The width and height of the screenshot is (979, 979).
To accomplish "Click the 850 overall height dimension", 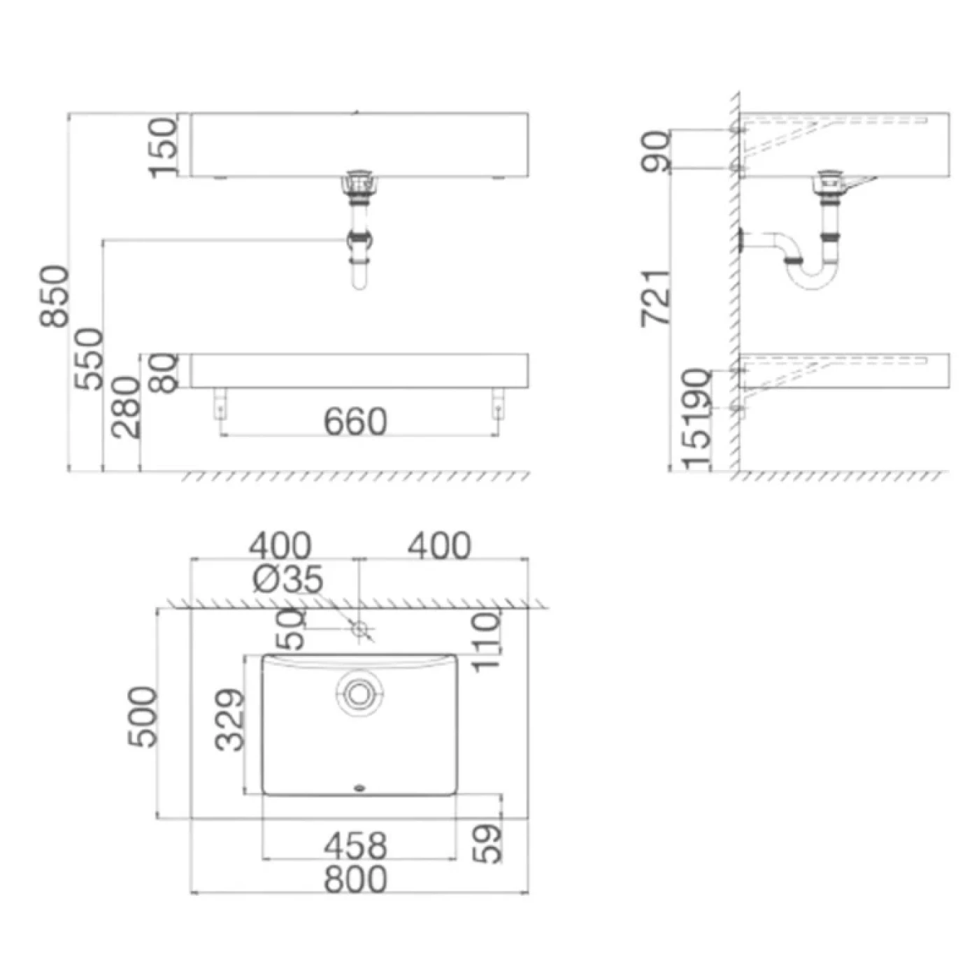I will click(55, 296).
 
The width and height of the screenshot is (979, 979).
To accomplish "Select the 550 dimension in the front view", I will click(90, 359).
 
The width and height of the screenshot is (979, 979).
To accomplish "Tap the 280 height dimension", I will click(127, 408).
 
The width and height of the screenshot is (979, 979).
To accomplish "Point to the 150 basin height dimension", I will click(164, 148).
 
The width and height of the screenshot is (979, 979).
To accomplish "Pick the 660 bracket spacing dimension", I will click(355, 422).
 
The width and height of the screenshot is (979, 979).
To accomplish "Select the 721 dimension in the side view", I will click(656, 297).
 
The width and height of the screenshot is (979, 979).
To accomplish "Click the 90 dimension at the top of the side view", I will click(656, 150).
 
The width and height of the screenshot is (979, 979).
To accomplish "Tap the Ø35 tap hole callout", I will click(287, 579).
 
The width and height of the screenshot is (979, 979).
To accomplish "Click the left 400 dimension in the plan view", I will click(281, 545).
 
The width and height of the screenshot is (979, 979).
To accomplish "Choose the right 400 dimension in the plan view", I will click(439, 545).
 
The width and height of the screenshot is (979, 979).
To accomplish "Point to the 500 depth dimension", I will click(143, 717).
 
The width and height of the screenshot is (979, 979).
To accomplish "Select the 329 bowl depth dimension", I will click(230, 720).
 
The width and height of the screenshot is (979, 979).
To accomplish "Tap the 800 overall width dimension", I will click(355, 879).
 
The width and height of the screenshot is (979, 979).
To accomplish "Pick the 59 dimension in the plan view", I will click(487, 843).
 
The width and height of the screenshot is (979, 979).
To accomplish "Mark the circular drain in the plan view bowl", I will click(359, 694).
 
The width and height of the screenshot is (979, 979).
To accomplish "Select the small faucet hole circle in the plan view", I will click(360, 629).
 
